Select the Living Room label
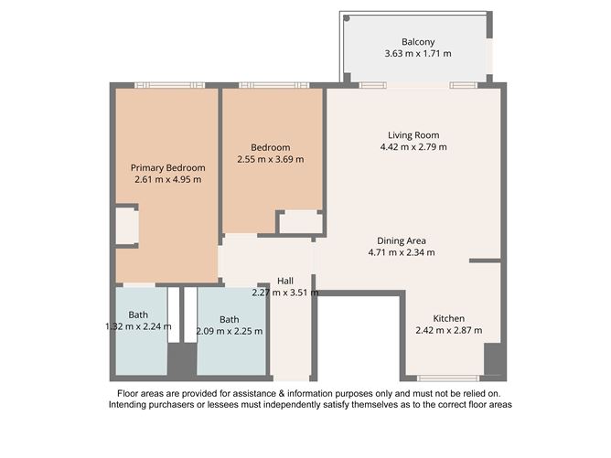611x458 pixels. click(414, 134)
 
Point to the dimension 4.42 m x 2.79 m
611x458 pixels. click(414, 147)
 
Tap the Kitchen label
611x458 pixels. click(448, 317)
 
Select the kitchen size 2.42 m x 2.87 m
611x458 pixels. click(448, 330)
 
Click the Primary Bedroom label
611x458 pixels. click(167, 167)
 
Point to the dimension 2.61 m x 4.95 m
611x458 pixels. click(167, 180)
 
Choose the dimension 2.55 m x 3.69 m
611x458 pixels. click(271, 159)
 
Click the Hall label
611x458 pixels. click(285, 281)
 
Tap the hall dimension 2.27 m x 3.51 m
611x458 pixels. click(285, 293)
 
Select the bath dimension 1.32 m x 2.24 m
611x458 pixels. click(138, 326)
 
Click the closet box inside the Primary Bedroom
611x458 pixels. click(126, 227)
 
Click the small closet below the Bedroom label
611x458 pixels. click(299, 222)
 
